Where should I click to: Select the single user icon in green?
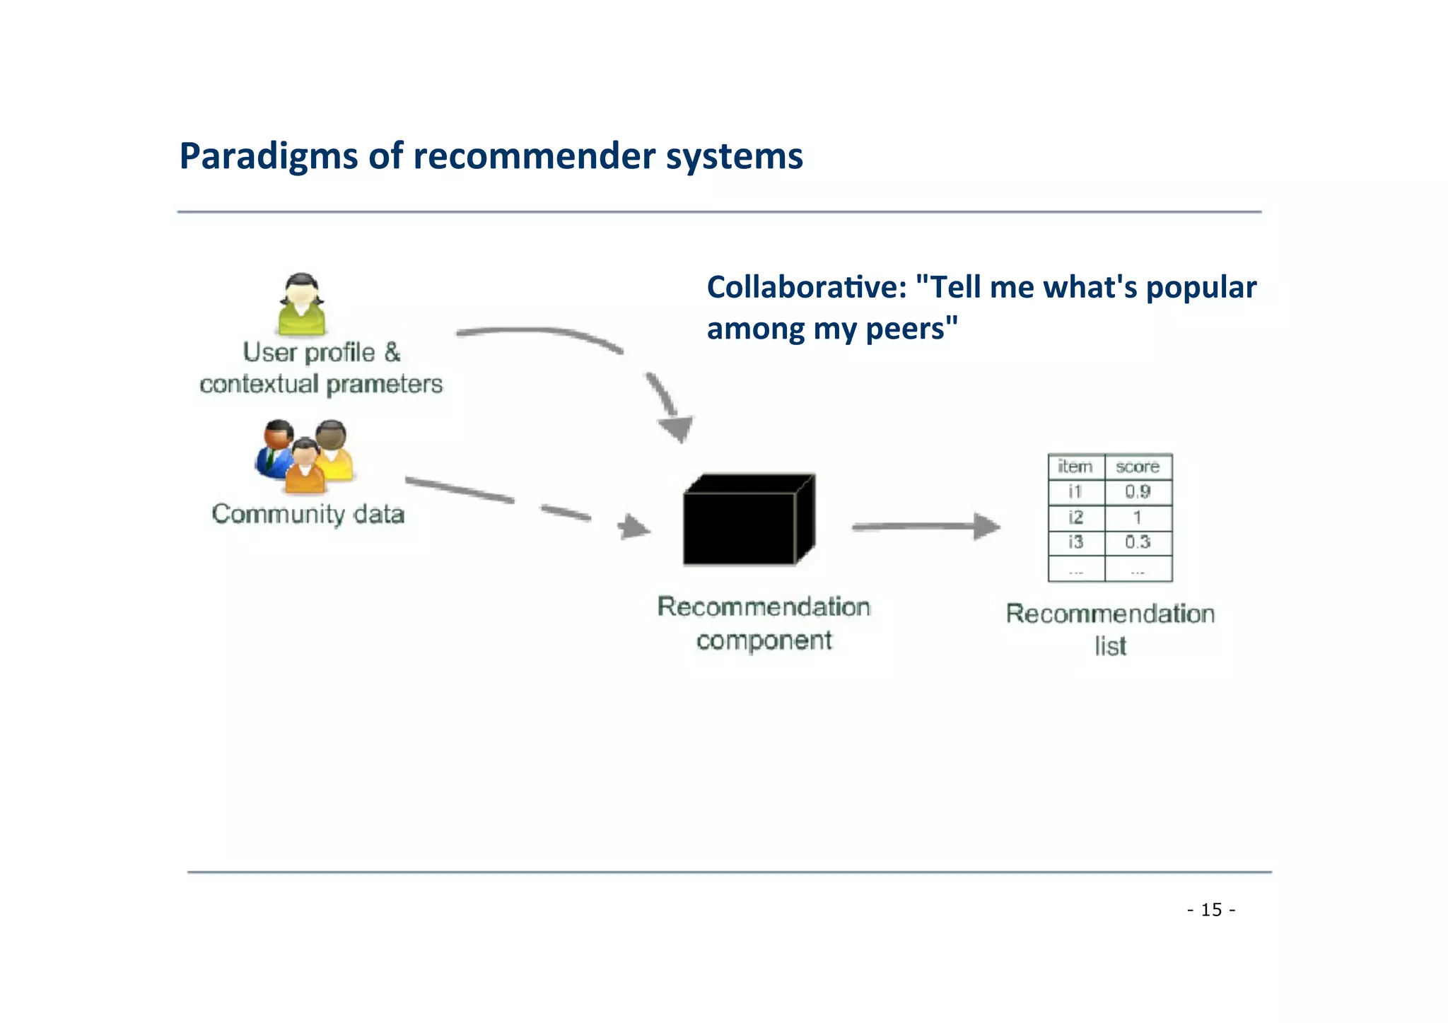click(x=302, y=305)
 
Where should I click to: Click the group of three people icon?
click(x=305, y=456)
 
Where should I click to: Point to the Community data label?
click(x=308, y=514)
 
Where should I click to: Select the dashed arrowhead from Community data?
click(x=633, y=527)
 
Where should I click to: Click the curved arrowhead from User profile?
click(x=675, y=427)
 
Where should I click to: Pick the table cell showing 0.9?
click(x=1138, y=491)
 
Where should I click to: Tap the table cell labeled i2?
click(x=1075, y=517)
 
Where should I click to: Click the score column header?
click(x=1138, y=467)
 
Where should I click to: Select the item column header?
click(x=1075, y=467)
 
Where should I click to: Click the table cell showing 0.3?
click(x=1138, y=542)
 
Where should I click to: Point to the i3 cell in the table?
click(x=1075, y=542)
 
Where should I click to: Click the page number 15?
click(x=1211, y=910)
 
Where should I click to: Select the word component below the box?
click(x=764, y=641)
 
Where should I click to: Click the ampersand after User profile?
click(x=392, y=352)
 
